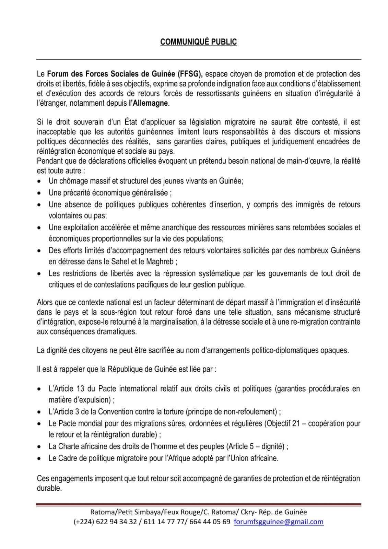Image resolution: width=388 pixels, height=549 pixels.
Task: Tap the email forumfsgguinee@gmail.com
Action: (x=278, y=522)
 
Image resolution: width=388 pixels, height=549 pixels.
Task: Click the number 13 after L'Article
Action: (x=77, y=389)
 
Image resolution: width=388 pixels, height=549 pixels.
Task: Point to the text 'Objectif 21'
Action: (x=282, y=423)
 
